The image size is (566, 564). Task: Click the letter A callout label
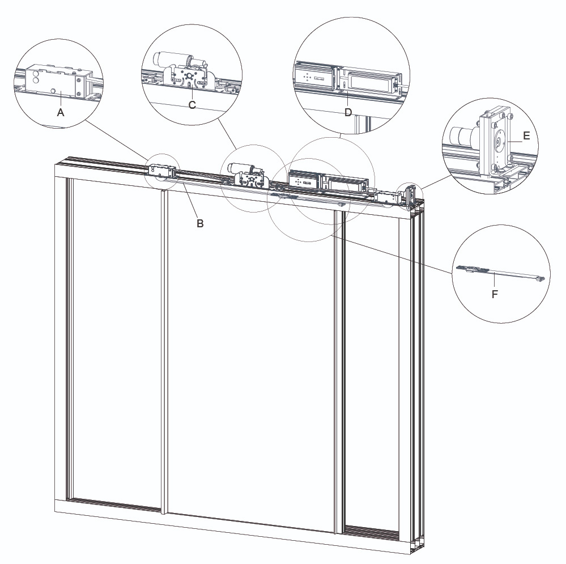[61, 113]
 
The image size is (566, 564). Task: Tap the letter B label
[200, 223]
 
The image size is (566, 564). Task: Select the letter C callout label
[192, 105]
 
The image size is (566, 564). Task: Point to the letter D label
[348, 112]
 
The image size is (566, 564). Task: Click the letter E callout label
[526, 136]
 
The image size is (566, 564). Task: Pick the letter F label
[495, 294]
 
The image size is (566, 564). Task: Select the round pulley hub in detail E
[499, 142]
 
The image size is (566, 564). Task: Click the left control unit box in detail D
[314, 77]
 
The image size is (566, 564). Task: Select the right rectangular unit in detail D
[370, 82]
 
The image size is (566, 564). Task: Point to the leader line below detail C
[227, 134]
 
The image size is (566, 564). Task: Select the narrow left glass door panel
[116, 343]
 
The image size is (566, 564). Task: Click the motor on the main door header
[240, 168]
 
